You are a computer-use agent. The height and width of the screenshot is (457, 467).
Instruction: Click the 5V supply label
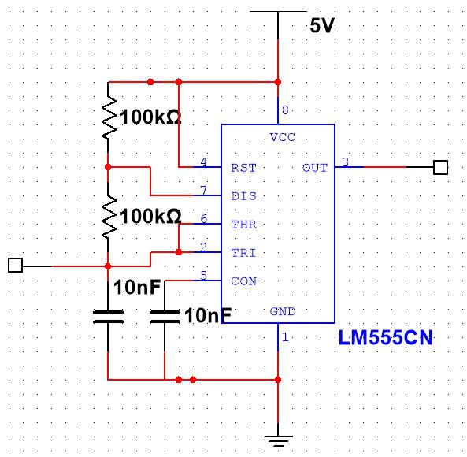pyautogui.click(x=322, y=26)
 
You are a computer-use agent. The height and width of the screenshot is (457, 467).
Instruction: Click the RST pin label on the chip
pyautogui.click(x=243, y=167)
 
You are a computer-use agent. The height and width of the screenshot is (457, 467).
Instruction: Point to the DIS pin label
pyautogui.click(x=243, y=195)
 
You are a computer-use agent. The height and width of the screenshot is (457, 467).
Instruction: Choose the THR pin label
pyautogui.click(x=243, y=224)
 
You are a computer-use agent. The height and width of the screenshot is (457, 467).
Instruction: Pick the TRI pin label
pyautogui.click(x=243, y=252)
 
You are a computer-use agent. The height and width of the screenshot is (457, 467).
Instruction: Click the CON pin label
pyautogui.click(x=243, y=281)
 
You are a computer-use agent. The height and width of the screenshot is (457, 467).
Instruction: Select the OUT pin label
pyautogui.click(x=315, y=167)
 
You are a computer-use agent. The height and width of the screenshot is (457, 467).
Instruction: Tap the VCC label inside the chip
pyautogui.click(x=283, y=137)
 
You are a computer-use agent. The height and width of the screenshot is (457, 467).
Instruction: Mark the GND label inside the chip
pyautogui.click(x=283, y=311)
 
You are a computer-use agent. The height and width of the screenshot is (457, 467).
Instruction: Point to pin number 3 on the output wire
pyautogui.click(x=345, y=162)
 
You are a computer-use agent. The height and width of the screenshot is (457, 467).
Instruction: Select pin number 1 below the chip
pyautogui.click(x=285, y=338)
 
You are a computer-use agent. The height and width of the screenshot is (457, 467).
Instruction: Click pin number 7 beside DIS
pyautogui.click(x=203, y=191)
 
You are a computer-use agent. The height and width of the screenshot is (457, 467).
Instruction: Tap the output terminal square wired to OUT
pyautogui.click(x=441, y=167)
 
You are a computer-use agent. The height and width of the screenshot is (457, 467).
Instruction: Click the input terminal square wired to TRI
pyautogui.click(x=14, y=266)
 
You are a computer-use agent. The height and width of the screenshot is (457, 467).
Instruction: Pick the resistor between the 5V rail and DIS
pyautogui.click(x=108, y=118)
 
